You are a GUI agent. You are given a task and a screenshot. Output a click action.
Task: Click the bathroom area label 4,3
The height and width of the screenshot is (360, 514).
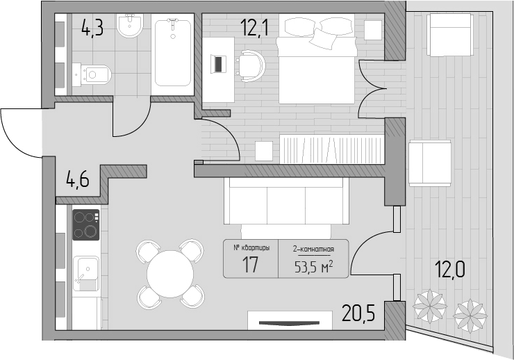[92, 27]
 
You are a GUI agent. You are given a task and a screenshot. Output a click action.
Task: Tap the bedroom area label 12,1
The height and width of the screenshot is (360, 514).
[254, 27]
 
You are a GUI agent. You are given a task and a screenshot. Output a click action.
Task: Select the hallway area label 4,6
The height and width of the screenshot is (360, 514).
[77, 180]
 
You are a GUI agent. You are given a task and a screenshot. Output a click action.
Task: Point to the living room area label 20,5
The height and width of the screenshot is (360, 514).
[358, 313]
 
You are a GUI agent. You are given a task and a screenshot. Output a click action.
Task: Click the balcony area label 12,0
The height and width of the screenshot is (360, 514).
[449, 270]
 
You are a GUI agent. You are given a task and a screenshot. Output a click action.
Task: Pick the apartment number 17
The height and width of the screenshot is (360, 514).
[251, 265]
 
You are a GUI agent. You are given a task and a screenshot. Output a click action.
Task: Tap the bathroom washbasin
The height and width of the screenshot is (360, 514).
[130, 25]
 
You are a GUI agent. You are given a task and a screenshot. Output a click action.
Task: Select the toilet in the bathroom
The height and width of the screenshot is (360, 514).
[92, 75]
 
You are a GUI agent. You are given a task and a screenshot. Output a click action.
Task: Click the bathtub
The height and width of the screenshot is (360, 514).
[172, 52]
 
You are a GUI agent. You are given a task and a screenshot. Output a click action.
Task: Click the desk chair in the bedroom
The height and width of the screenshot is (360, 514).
[251, 66]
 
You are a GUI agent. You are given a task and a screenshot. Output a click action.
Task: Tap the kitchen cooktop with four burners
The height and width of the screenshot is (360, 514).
[86, 225]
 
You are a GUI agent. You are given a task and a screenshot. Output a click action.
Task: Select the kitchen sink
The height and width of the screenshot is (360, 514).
[86, 274]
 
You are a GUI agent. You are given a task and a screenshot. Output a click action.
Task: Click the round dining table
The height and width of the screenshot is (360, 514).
[170, 274]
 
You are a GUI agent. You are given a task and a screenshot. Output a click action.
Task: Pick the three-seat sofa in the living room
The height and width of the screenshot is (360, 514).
[286, 201]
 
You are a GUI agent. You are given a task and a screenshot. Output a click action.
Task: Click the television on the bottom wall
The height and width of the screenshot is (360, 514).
[289, 323]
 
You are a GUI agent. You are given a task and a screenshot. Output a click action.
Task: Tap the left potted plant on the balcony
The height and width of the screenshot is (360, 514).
[429, 306]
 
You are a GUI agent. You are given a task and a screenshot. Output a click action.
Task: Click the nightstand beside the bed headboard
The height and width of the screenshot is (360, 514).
[373, 30]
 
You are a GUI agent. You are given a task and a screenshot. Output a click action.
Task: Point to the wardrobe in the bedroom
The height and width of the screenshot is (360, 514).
[332, 149]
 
